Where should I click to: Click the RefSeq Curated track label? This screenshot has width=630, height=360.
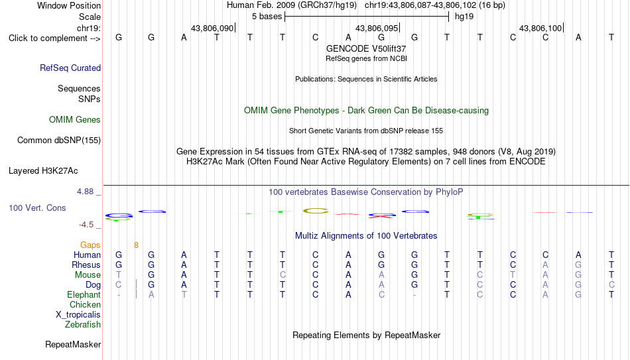point(70,68)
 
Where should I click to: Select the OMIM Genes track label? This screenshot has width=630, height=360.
point(75,120)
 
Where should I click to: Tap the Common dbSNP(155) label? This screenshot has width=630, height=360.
point(59,141)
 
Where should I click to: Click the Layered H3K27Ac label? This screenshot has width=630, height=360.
point(43,171)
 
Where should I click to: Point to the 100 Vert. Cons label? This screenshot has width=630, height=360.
point(37,208)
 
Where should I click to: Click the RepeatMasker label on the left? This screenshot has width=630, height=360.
point(73,344)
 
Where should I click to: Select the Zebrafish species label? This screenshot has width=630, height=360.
point(83,325)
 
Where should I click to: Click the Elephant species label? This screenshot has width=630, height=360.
point(84,295)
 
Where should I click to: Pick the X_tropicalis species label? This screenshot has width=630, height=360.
point(78,315)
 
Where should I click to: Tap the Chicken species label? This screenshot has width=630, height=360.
point(85,304)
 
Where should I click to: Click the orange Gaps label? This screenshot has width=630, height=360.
point(90,245)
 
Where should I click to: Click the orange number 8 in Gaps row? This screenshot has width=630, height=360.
point(136,245)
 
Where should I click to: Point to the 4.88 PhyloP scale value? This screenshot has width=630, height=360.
point(85,192)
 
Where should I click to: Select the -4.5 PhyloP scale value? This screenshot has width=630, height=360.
point(86,225)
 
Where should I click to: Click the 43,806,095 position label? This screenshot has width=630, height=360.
point(377,28)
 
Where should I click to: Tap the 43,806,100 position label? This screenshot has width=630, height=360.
point(540,28)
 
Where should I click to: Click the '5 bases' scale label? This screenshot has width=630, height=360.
point(267,17)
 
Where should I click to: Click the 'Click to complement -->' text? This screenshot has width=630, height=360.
point(54,38)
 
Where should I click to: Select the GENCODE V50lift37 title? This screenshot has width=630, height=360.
point(366,48)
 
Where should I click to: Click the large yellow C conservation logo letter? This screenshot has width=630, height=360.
point(316,211)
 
